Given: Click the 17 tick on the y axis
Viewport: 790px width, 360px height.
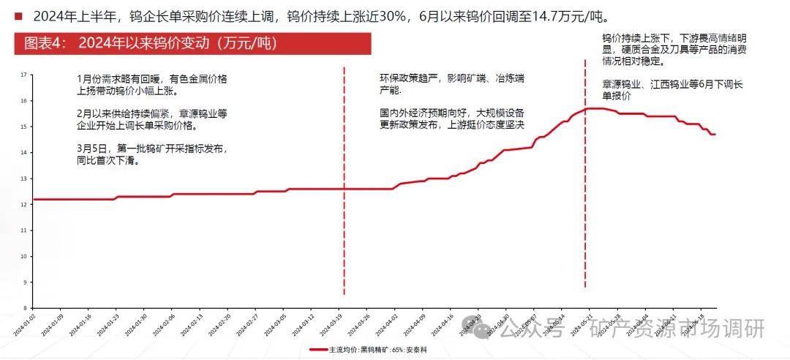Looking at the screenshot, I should coord(24,75).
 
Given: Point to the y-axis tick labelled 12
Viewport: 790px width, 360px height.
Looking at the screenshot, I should coord(24,204).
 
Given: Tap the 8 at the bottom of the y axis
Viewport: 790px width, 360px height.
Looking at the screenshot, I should coord(24,308).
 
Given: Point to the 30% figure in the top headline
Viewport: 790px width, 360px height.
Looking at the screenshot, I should coord(397,16).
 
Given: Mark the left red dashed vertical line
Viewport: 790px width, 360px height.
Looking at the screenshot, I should coord(344,183).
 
